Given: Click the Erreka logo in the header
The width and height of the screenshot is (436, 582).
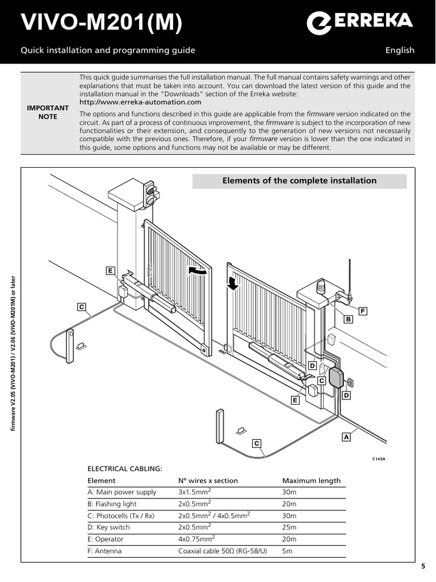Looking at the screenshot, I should pos(359,23).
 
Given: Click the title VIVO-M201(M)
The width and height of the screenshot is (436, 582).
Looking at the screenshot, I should pos(102,24).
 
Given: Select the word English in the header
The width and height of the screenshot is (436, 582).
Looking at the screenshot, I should pos(400,50).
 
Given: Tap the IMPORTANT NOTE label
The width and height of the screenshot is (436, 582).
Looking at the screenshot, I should pos(48,112).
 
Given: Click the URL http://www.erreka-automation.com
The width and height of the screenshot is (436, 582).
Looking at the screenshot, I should pos(140,102).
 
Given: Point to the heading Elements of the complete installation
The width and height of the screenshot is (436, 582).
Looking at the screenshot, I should pos(300,181).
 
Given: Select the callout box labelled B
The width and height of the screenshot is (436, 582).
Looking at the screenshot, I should pos(349,320).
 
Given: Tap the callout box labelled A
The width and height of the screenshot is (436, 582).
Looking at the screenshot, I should pos(345,437).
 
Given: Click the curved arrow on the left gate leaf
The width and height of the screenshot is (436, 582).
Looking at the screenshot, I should pos(198,271).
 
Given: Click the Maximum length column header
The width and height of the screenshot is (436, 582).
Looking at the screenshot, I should pos(311,480).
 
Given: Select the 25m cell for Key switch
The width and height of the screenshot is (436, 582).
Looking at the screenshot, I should pos(290,527).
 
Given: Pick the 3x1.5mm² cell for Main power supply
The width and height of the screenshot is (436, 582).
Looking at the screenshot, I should pos(195,492).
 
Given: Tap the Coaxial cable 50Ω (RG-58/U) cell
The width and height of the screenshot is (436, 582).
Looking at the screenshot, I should pos(225,551).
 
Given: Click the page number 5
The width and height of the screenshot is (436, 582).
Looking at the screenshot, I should pos(423,566).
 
